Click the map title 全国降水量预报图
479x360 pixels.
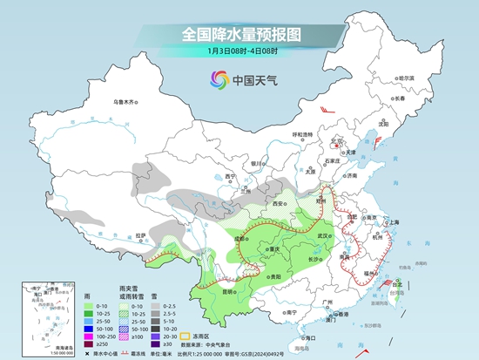239,34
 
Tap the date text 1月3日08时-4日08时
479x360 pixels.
239,53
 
